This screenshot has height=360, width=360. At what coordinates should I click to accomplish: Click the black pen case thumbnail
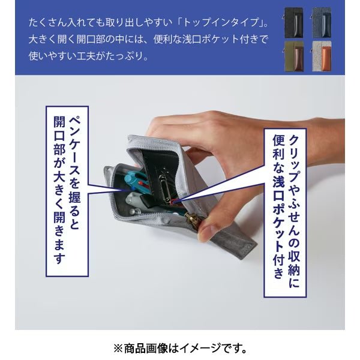(x=293, y=23)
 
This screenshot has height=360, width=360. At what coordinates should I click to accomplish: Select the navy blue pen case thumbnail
(x=322, y=23)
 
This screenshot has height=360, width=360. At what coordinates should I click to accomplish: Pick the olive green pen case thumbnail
(x=293, y=56)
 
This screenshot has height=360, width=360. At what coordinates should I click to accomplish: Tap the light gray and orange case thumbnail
(x=322, y=56)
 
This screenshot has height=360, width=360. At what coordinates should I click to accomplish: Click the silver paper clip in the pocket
(x=167, y=189)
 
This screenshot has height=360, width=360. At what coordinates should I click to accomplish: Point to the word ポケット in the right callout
(x=279, y=224)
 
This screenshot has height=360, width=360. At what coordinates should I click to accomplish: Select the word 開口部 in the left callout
(x=59, y=136)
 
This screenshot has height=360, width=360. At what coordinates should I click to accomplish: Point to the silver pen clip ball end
(x=138, y=211)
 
